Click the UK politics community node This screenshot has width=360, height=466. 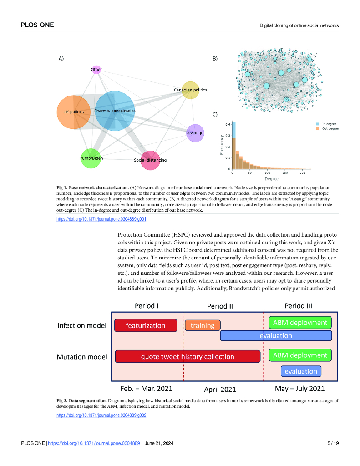[x=73, y=112]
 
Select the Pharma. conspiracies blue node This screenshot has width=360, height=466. [x=115, y=111]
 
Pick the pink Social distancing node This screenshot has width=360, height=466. [x=150, y=161]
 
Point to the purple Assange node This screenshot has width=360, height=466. [x=195, y=133]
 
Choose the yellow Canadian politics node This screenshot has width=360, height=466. [x=190, y=90]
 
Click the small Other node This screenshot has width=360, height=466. [x=96, y=70]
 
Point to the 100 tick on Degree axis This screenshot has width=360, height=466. [x=267, y=173]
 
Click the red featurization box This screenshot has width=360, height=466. [x=146, y=325]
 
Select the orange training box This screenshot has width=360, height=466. [x=203, y=325]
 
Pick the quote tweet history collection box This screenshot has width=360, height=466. [x=188, y=356]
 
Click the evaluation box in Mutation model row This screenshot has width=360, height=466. [x=301, y=371]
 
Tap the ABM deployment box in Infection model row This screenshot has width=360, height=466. [x=300, y=323]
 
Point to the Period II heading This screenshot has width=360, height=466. [x=220, y=306]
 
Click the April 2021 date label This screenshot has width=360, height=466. [x=220, y=389]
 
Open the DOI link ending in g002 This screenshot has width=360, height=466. [x=101, y=415]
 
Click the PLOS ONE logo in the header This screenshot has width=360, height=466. [x=37, y=25]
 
